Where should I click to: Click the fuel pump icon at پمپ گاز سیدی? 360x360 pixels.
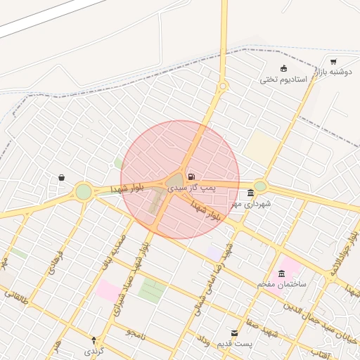(x=191, y=176)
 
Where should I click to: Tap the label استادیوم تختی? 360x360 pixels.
(x=284, y=79)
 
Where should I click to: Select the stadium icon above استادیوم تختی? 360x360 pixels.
(x=283, y=68)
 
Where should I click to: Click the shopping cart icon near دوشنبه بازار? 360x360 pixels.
(x=333, y=62)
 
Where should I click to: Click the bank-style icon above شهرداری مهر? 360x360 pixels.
(x=251, y=193)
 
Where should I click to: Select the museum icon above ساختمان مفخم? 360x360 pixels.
(x=281, y=274)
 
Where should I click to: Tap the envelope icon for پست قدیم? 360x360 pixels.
(x=235, y=333)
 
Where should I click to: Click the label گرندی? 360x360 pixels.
(x=94, y=349)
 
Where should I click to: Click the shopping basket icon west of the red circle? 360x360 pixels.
(x=62, y=178)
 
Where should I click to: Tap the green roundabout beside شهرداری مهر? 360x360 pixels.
(x=261, y=186)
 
